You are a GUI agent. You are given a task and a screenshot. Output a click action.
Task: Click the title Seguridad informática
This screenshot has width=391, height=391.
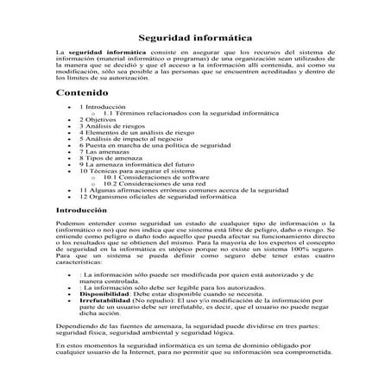(x=195, y=38)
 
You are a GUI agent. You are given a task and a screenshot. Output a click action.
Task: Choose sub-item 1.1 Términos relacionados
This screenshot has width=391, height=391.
(x=180, y=113)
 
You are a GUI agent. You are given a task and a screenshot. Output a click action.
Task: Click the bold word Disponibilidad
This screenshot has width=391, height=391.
(x=108, y=293)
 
